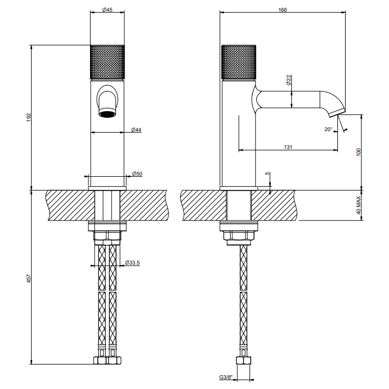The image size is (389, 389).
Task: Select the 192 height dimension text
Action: pos(28,117)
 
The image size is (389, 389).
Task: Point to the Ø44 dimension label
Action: pos(137,129)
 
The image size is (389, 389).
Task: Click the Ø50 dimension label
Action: pos(137,174)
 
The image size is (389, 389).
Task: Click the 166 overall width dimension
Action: pos(283,11)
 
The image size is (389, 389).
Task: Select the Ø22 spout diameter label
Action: pos(289,81)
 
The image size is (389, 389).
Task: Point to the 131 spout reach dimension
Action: pos(288,147)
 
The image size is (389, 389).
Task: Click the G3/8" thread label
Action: pos(226,377)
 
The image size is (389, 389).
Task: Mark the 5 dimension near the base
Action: pos(268,174)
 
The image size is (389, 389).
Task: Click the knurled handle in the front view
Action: pos(107,62)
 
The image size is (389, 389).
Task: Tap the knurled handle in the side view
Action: pos(240,62)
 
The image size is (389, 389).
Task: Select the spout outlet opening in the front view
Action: pos(107,114)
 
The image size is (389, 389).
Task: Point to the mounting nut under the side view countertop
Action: pos(240,235)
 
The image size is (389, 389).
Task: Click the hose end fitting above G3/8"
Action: pos(243,359)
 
